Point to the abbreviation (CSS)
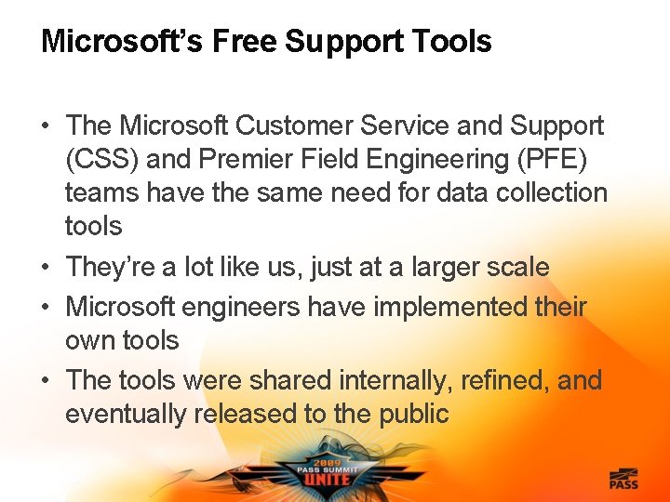[103, 160]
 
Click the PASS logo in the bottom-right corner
[624, 479]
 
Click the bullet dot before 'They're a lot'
[47, 268]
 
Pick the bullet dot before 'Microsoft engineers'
[47, 307]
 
